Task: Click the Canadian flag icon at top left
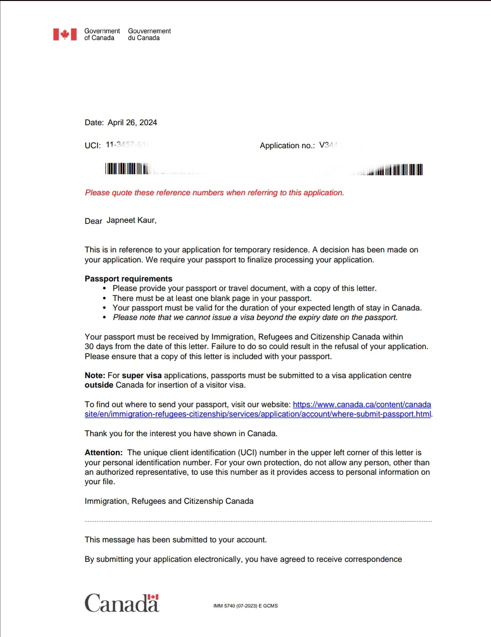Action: point(65,34)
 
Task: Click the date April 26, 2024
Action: point(132,122)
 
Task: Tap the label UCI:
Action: point(93,145)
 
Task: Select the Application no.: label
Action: point(287,145)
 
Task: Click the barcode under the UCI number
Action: point(127,169)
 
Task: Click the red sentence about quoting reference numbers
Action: point(214,192)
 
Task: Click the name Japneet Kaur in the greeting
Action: point(131,220)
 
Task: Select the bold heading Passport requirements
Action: point(128,278)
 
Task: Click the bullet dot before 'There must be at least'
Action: point(104,298)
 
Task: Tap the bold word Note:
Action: point(95,375)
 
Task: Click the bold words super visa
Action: point(142,375)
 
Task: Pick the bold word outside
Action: point(99,385)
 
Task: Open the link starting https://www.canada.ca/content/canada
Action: point(361,404)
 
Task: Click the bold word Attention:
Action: point(103,452)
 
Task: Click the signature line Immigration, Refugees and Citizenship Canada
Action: point(169,501)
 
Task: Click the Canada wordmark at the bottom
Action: point(122,603)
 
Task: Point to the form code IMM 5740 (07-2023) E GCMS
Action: point(245,605)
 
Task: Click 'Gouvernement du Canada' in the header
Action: point(149,34)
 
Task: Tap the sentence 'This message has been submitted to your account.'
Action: point(175,539)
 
